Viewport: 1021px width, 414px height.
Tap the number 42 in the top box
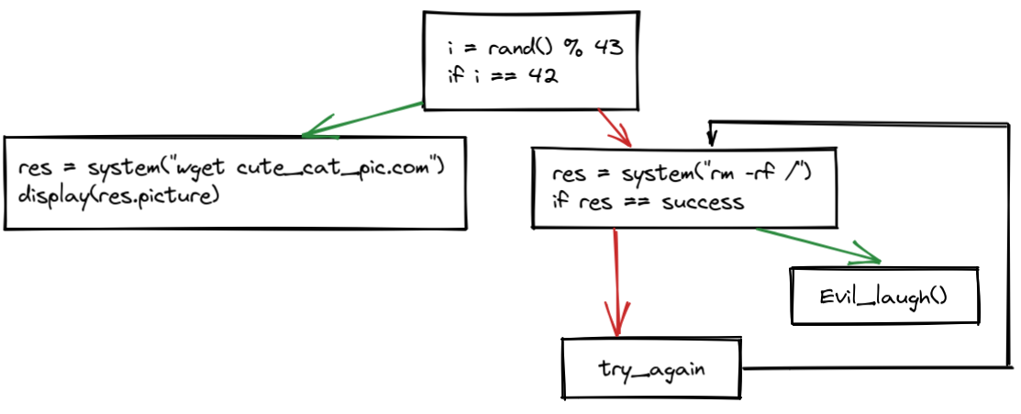[x=544, y=77]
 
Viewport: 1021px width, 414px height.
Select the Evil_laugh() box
[x=883, y=296]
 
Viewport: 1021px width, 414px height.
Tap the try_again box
[x=652, y=368]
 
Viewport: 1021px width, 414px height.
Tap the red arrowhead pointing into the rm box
[x=626, y=140]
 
